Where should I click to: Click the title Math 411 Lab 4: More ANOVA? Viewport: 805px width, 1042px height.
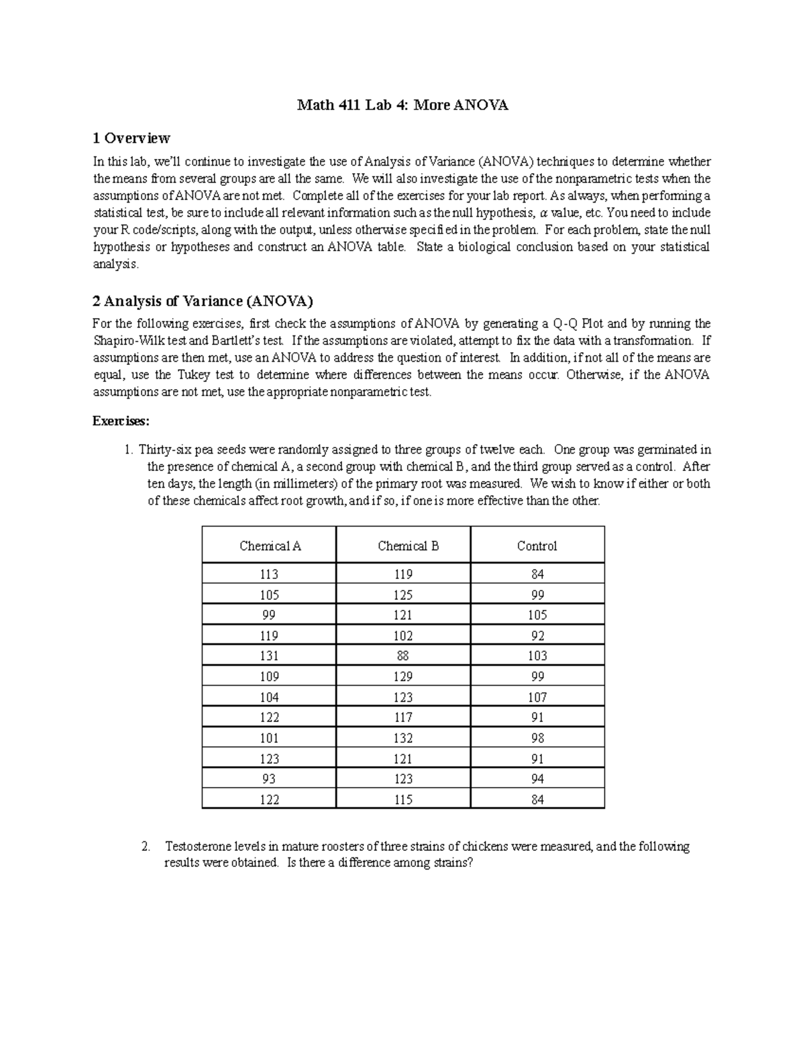(402, 105)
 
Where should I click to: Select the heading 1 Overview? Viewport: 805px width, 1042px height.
(131, 138)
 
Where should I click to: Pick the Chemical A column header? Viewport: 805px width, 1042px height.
(270, 545)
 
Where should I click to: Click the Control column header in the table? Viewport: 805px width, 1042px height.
(537, 545)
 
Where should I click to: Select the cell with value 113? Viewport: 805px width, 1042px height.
(269, 574)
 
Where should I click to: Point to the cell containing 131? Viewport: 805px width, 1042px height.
(269, 656)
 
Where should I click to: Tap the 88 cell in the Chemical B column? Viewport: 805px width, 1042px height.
(403, 656)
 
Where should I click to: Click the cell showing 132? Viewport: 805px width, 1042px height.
(403, 738)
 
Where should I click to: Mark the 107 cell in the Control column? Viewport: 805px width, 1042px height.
(537, 697)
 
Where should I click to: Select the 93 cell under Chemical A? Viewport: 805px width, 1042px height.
(269, 779)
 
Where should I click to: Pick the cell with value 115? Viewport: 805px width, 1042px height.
(403, 800)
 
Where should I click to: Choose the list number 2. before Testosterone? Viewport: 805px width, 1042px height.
(146, 847)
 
